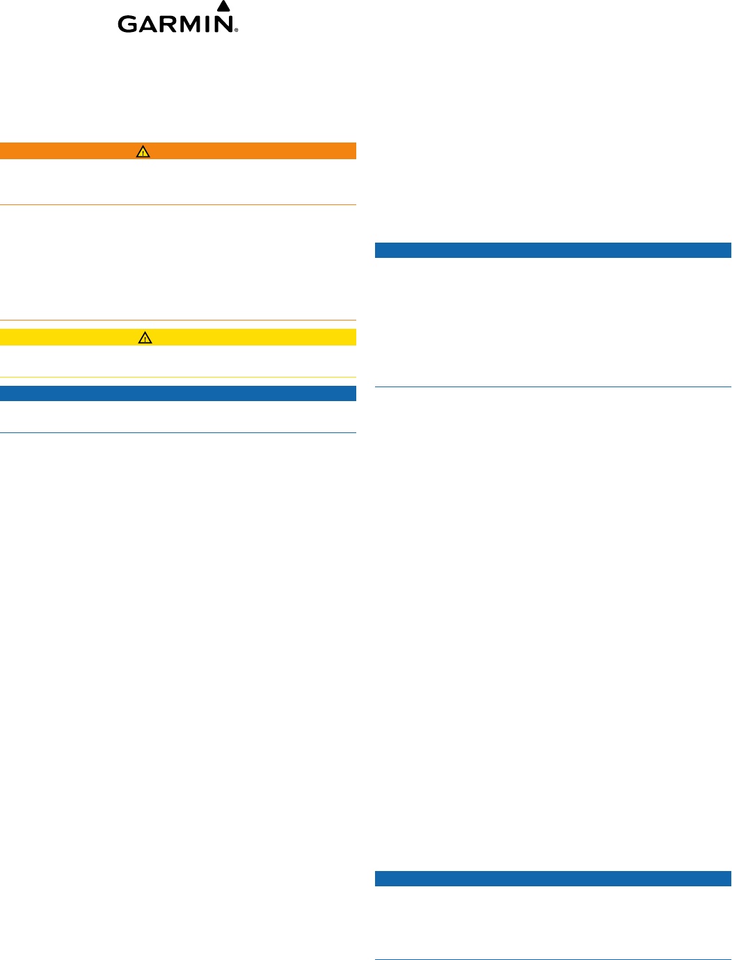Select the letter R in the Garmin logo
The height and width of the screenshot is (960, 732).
(172, 24)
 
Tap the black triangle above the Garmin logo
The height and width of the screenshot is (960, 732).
(223, 6)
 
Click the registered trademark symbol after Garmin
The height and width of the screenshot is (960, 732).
(237, 31)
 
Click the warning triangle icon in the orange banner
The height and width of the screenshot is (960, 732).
(143, 151)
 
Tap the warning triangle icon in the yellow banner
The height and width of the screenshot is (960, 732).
(145, 337)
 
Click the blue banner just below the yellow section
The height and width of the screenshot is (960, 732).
(178, 393)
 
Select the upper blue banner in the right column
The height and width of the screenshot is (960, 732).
(553, 250)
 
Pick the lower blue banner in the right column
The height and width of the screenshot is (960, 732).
(553, 879)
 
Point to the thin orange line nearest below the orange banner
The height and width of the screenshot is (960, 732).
(178, 204)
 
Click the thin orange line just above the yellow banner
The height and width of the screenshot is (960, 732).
(178, 320)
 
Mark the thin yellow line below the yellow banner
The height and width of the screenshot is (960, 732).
(178, 377)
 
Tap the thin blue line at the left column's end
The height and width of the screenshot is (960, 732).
(178, 433)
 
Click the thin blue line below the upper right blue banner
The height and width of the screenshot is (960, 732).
(553, 387)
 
